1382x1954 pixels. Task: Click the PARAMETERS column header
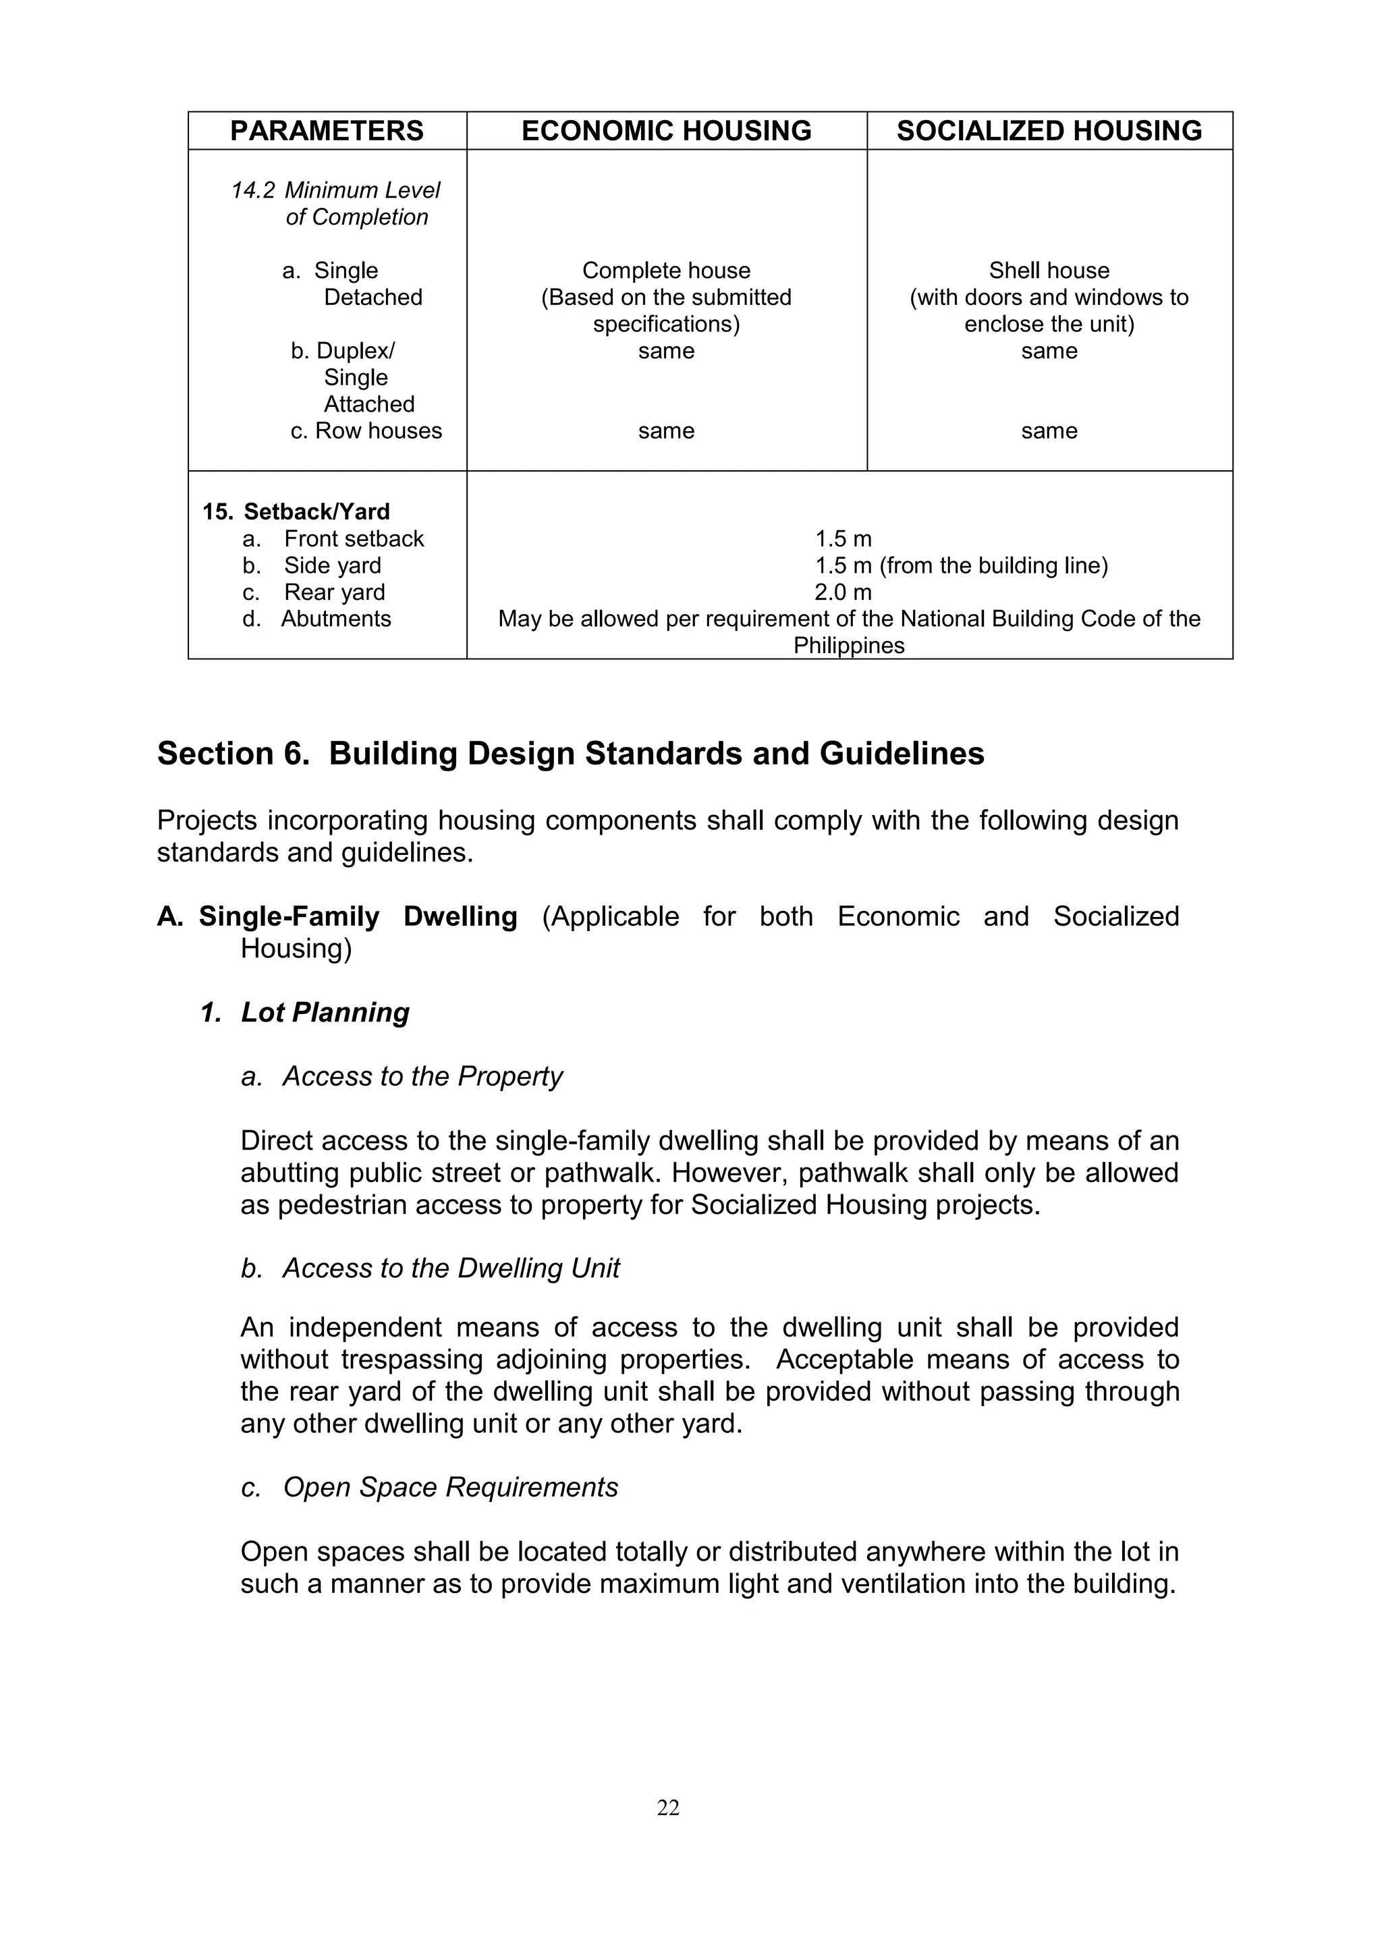click(x=327, y=131)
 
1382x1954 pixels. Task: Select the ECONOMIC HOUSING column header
click(x=666, y=131)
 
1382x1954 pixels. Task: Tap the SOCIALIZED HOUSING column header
click(x=1049, y=131)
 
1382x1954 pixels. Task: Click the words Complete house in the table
click(x=666, y=271)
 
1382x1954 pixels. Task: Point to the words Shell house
click(x=1049, y=271)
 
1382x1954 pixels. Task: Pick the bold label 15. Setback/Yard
click(x=296, y=511)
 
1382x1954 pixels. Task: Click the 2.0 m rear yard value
click(x=842, y=592)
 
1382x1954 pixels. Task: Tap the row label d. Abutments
click(x=316, y=619)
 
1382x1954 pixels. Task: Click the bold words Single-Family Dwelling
click(x=358, y=916)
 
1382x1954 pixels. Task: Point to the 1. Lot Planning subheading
click(x=304, y=1012)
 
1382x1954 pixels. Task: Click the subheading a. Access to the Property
click(x=402, y=1077)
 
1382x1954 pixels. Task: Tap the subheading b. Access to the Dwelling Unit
click(x=431, y=1268)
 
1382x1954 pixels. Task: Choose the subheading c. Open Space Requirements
click(x=430, y=1487)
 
